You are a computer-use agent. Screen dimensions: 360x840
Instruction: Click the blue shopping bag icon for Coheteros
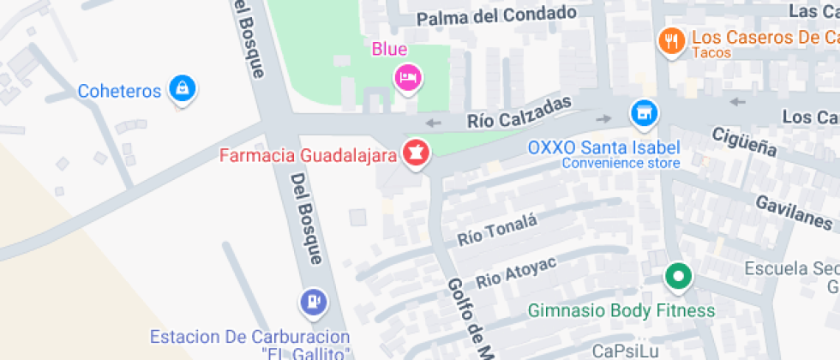pos(182,87)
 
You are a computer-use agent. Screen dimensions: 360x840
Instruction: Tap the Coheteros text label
pos(119,90)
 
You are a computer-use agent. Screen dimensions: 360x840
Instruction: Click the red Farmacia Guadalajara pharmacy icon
pos(417,153)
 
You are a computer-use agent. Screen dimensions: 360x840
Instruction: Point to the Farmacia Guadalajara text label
pos(308,156)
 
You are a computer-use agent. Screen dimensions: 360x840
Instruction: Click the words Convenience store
pos(621,163)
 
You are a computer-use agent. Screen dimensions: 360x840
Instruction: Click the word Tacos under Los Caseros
pos(711,53)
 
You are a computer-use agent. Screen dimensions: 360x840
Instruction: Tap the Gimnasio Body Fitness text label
pos(621,310)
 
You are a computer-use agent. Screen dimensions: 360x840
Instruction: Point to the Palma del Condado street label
pos(495,15)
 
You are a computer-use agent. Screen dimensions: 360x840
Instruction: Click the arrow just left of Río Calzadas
pos(433,123)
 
